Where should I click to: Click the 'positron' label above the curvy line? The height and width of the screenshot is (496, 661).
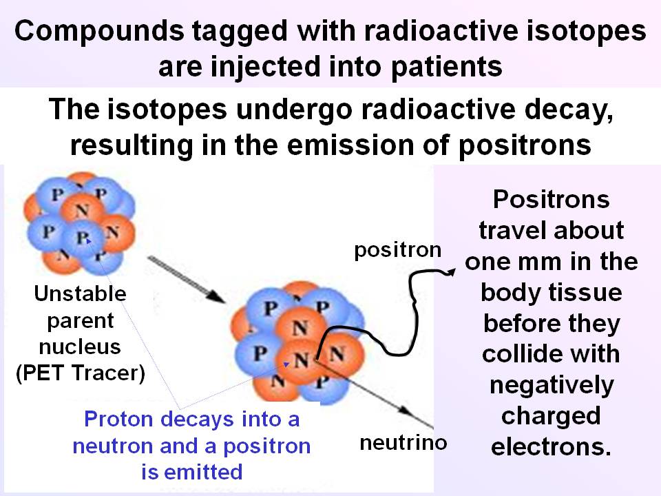[x=397, y=250]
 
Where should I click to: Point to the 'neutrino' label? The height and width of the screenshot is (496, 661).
[x=403, y=442]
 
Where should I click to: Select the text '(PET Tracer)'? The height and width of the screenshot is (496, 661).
[x=81, y=375]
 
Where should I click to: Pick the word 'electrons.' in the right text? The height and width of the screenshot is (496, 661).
[x=551, y=447]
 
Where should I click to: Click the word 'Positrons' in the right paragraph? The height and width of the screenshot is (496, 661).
[x=551, y=199]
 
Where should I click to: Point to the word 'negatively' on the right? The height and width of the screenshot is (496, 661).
[x=551, y=385]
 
